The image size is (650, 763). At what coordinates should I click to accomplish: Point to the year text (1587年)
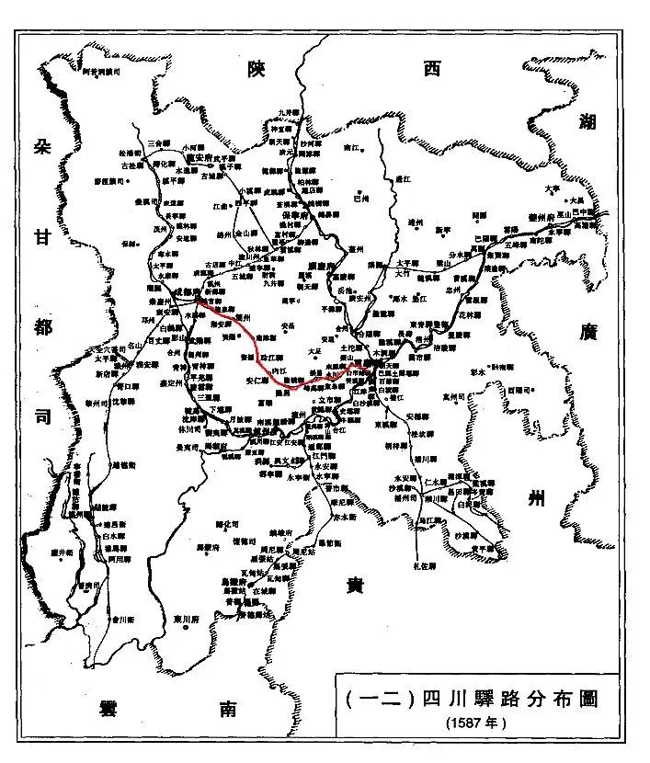[475, 723]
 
